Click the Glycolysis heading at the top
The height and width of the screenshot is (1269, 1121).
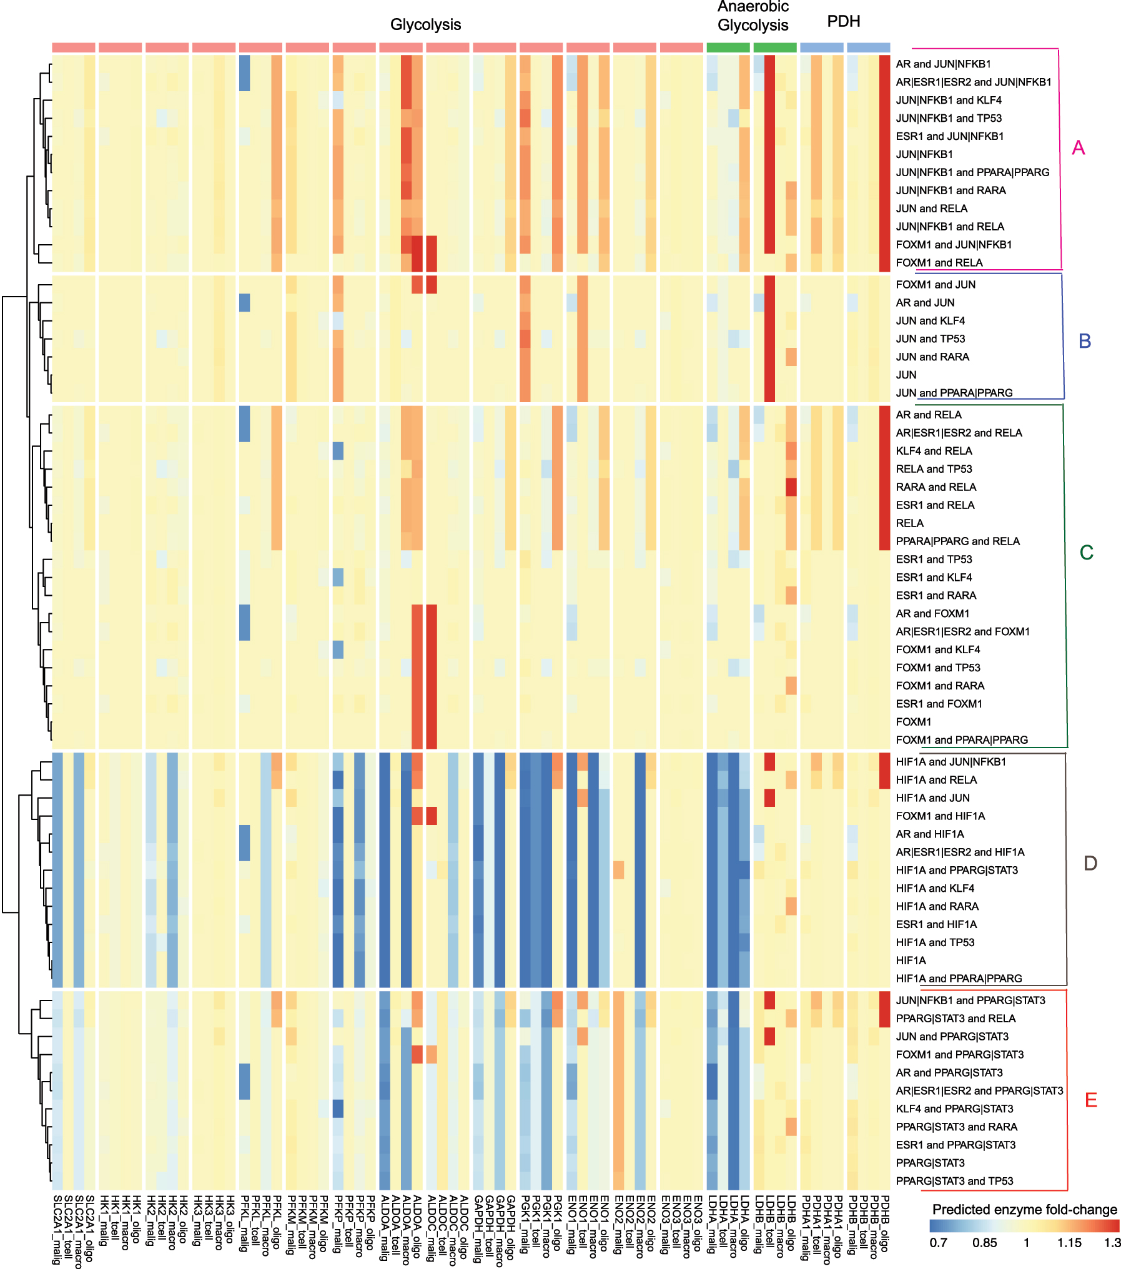coord(425,24)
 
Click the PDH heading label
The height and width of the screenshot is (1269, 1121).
coord(843,21)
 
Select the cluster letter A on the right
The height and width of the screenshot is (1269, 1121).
coord(1078,148)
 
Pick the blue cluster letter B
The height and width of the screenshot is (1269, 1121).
coord(1085,341)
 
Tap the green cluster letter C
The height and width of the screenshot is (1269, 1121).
coord(1086,553)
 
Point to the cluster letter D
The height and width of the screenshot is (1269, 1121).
coord(1090,863)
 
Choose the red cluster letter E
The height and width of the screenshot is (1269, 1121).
coord(1090,1100)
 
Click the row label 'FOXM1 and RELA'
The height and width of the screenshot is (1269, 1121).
coord(939,263)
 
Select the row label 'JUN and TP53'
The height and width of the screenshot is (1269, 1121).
coord(930,338)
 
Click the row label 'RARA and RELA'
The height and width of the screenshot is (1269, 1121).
coord(936,487)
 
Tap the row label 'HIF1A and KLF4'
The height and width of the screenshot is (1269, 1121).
coord(935,888)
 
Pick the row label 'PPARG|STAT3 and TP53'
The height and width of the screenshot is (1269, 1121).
coord(954,1181)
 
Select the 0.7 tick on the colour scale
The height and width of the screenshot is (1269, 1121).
coord(938,1243)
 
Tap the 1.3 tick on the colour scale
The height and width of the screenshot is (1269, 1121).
coord(1112,1243)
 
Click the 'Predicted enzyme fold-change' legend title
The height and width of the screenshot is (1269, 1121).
coord(1024,1210)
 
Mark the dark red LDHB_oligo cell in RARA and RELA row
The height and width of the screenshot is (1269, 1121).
coord(791,487)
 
